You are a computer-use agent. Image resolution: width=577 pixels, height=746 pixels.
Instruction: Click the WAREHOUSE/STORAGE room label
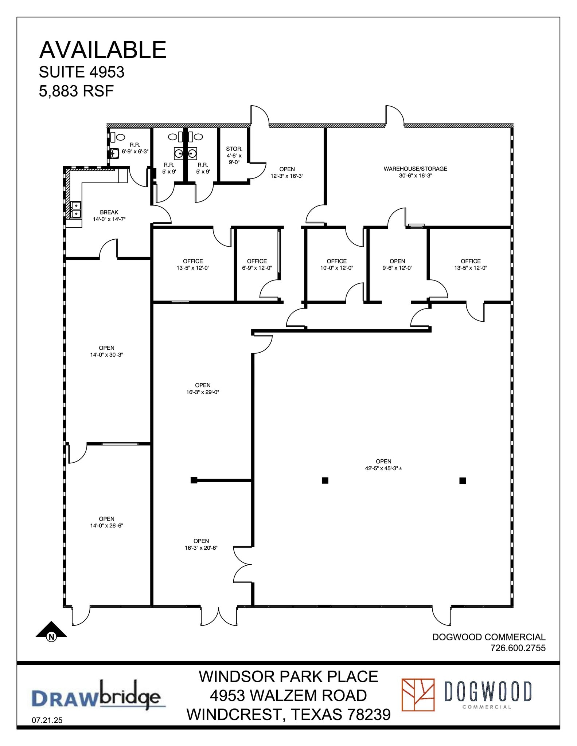tap(415, 169)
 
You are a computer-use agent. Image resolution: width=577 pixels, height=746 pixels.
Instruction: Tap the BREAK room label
tap(109, 212)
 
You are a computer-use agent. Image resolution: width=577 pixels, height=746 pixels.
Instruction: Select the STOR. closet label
tap(234, 149)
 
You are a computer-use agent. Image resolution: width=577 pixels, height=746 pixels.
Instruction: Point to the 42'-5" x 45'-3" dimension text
tap(383, 468)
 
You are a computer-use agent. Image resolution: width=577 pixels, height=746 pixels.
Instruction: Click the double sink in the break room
tap(76, 209)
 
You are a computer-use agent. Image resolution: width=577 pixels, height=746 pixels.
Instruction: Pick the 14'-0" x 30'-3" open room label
tap(106, 351)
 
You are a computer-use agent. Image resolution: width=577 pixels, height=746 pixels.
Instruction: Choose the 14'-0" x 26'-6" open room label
tap(106, 522)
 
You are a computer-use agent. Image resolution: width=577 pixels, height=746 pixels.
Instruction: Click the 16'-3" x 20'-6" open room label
tap(201, 544)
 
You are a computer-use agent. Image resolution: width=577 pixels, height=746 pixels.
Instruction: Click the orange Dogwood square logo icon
tap(418, 695)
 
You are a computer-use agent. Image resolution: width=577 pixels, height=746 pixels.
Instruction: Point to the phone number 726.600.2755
tap(518, 648)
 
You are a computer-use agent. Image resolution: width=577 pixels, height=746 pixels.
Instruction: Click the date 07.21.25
tap(47, 720)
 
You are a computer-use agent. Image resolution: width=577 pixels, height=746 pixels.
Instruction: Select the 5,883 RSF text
tap(76, 91)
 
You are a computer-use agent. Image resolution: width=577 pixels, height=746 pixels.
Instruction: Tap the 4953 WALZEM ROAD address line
tap(288, 695)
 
